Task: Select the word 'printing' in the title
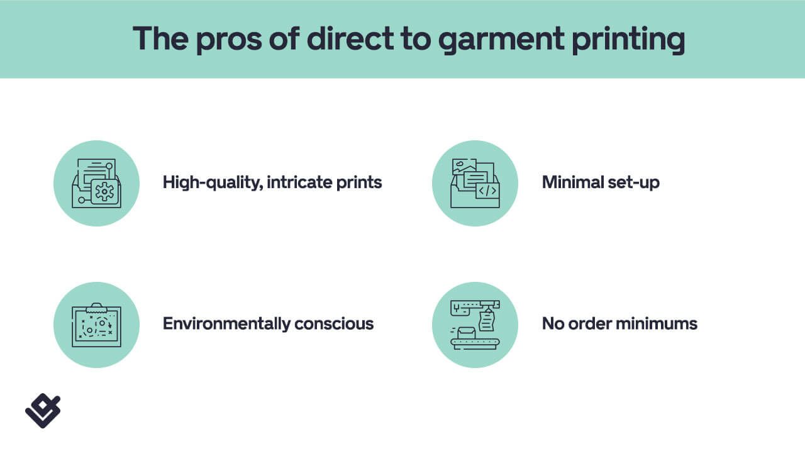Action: pos(628,40)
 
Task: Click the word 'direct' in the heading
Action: pos(350,38)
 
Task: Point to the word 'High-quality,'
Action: pos(213,182)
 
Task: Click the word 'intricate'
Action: pos(299,182)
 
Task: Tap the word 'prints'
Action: pos(359,182)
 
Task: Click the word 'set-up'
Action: pos(633,182)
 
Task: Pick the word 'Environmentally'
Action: pos(226,323)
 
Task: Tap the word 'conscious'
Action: pos(334,324)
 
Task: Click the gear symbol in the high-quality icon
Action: pos(104,192)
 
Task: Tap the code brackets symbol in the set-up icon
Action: pos(487,191)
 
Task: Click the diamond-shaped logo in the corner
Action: pos(43,411)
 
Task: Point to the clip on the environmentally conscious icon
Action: pos(96,308)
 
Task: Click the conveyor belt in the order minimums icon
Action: pos(475,344)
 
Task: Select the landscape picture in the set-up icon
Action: pos(464,167)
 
